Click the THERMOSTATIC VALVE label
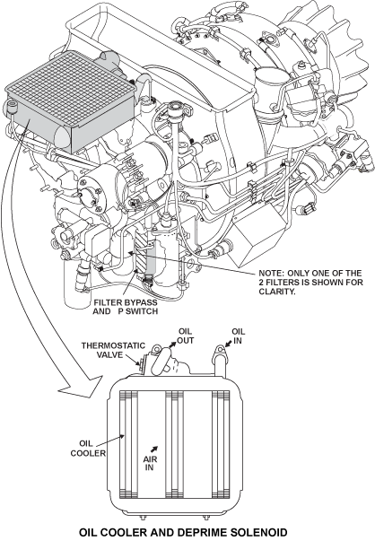[x=113, y=350]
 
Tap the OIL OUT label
[x=186, y=336]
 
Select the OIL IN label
[x=238, y=336]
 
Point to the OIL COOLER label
[x=88, y=449]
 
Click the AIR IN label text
[x=150, y=463]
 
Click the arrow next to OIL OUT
[x=172, y=345]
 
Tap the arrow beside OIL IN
[x=228, y=344]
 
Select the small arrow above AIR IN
[x=154, y=449]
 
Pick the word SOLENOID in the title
[x=256, y=532]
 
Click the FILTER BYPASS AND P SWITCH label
[x=126, y=307]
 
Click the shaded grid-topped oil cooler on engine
[x=71, y=100]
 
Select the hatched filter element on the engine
[x=141, y=251]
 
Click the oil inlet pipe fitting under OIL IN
[x=220, y=362]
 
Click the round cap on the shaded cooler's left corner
[x=13, y=106]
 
